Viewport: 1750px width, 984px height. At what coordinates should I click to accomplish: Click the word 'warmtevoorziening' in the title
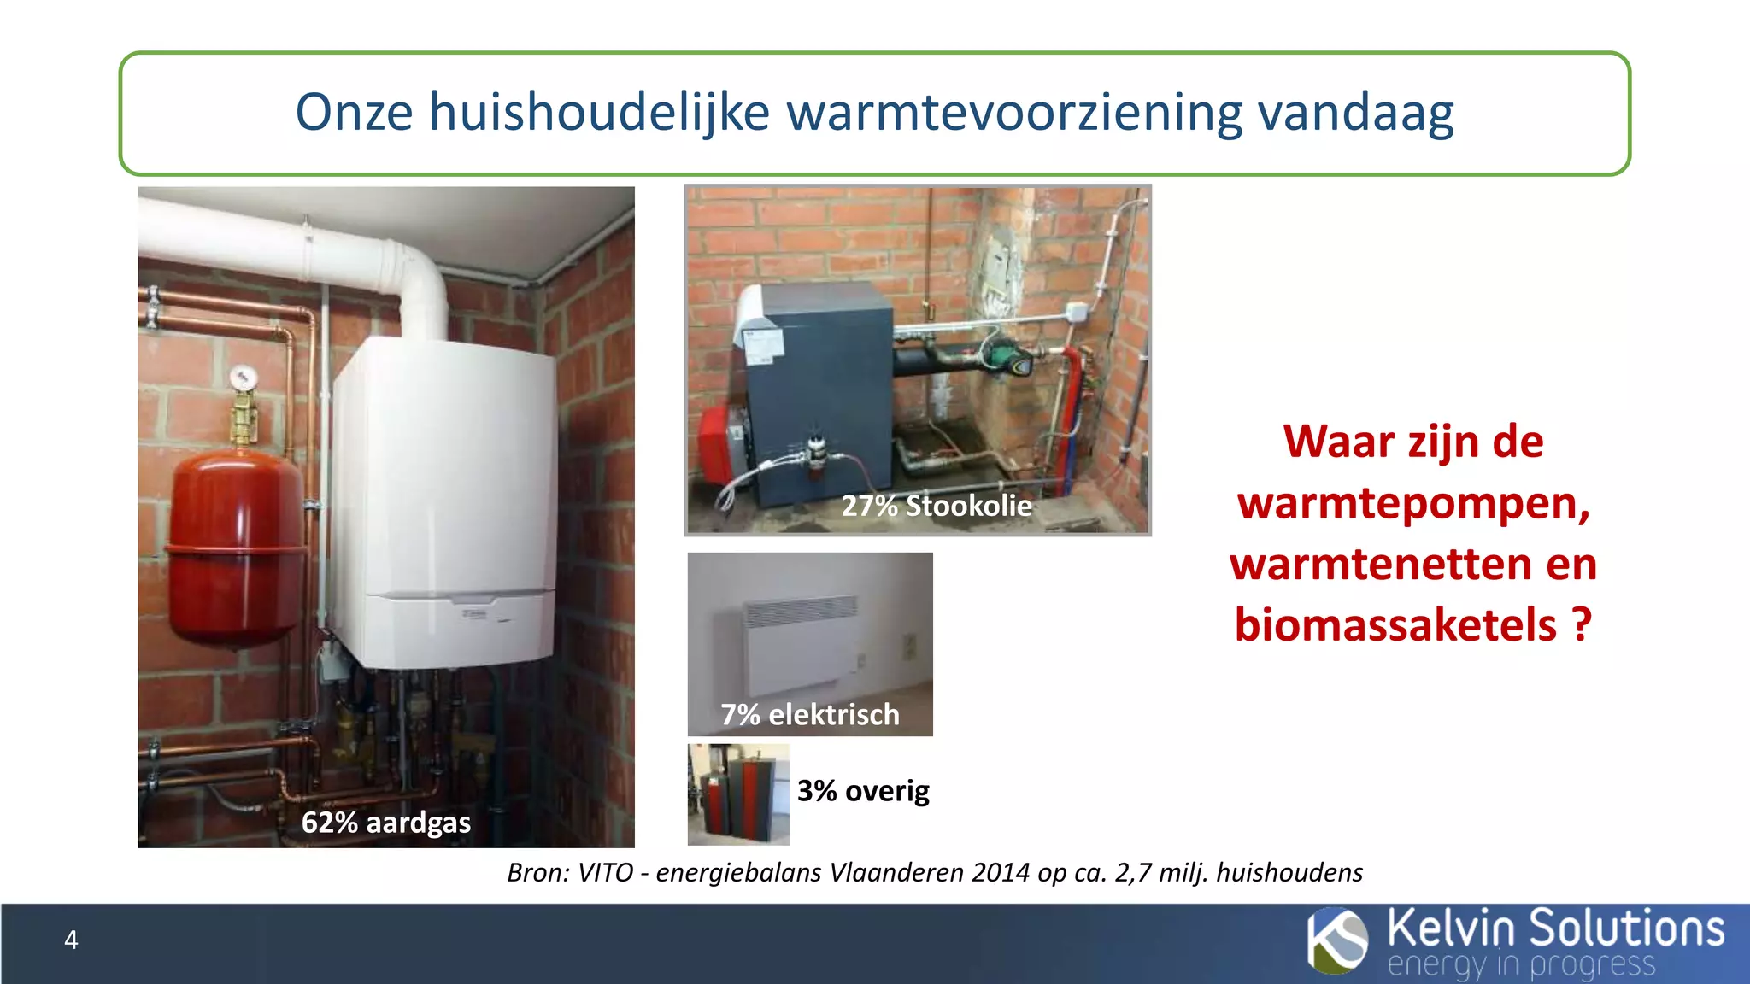1013,112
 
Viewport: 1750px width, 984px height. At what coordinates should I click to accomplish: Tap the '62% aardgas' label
385,822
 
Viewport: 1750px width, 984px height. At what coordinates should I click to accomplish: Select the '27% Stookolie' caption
937,506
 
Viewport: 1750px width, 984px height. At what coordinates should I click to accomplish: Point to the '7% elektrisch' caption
810,714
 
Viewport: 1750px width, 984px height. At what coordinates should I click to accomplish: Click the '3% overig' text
863,790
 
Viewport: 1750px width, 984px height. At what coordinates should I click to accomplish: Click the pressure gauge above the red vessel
243,377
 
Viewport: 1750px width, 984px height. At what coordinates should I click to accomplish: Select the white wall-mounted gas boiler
444,504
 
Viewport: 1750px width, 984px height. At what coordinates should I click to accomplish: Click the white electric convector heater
799,645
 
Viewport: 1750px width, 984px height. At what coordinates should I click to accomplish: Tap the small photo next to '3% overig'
738,794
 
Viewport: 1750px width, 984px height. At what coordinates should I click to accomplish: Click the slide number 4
71,940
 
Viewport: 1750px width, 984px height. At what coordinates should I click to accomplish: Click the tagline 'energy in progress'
1521,965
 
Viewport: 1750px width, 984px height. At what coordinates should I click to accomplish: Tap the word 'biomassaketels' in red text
1395,624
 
